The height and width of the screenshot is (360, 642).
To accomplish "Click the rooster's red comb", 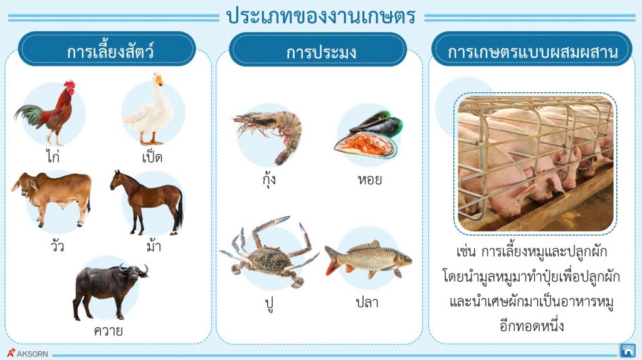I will tap(69, 84).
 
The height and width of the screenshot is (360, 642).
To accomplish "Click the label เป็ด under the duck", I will tap(152, 156).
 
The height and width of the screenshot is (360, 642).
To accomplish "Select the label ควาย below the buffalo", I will tap(107, 330).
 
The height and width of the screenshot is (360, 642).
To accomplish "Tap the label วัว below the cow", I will tap(48, 244).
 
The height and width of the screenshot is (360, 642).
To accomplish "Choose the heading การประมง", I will tap(321, 51).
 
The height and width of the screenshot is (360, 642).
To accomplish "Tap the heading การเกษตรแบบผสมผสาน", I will tap(532, 51).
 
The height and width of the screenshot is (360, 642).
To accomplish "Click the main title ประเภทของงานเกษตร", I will tap(321, 17).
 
